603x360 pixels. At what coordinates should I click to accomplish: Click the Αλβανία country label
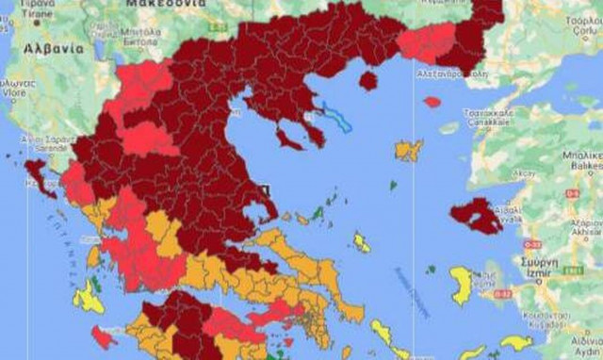pos(55,48)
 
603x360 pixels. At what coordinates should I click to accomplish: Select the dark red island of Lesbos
pos(476,216)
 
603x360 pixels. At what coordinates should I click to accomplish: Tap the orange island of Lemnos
pos(409,149)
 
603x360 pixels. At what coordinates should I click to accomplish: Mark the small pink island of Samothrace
pos(432,101)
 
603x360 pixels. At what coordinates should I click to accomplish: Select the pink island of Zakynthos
pos(103,335)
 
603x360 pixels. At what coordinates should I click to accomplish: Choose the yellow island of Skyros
pos(362,242)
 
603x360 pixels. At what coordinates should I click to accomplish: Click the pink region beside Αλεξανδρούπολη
pos(426,43)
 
